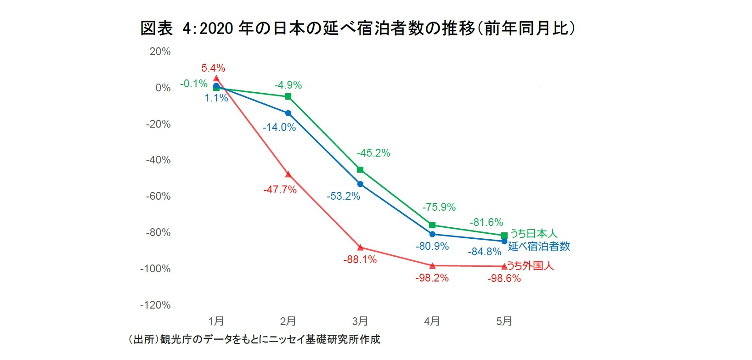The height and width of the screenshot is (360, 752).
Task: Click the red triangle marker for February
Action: coord(288,174)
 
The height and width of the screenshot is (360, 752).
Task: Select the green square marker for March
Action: coord(360,170)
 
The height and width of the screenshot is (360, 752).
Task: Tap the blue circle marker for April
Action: coord(432,234)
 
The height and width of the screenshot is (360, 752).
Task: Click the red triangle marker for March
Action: coord(360,247)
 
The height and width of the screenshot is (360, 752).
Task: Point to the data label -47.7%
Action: coord(280,189)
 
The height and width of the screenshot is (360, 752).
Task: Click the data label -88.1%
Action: coord(360,260)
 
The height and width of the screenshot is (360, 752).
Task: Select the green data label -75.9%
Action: coord(439,207)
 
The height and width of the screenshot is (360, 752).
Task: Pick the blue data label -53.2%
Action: coord(343,197)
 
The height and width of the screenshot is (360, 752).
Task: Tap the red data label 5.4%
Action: coord(213,68)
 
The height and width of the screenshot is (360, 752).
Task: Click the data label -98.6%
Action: coord(504,278)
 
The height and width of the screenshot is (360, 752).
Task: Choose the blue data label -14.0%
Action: coord(279,127)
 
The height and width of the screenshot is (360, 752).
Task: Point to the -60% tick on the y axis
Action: coord(158,197)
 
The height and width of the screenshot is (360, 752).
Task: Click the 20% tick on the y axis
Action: coord(160,52)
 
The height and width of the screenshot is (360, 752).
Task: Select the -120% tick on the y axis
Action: coord(155,305)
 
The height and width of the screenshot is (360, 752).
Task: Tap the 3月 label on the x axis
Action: coord(360,321)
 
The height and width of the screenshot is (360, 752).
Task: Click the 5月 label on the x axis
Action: coord(504,321)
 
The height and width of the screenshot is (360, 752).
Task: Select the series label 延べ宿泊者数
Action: coord(539,247)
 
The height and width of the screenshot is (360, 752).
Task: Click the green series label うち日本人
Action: coord(534,234)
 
